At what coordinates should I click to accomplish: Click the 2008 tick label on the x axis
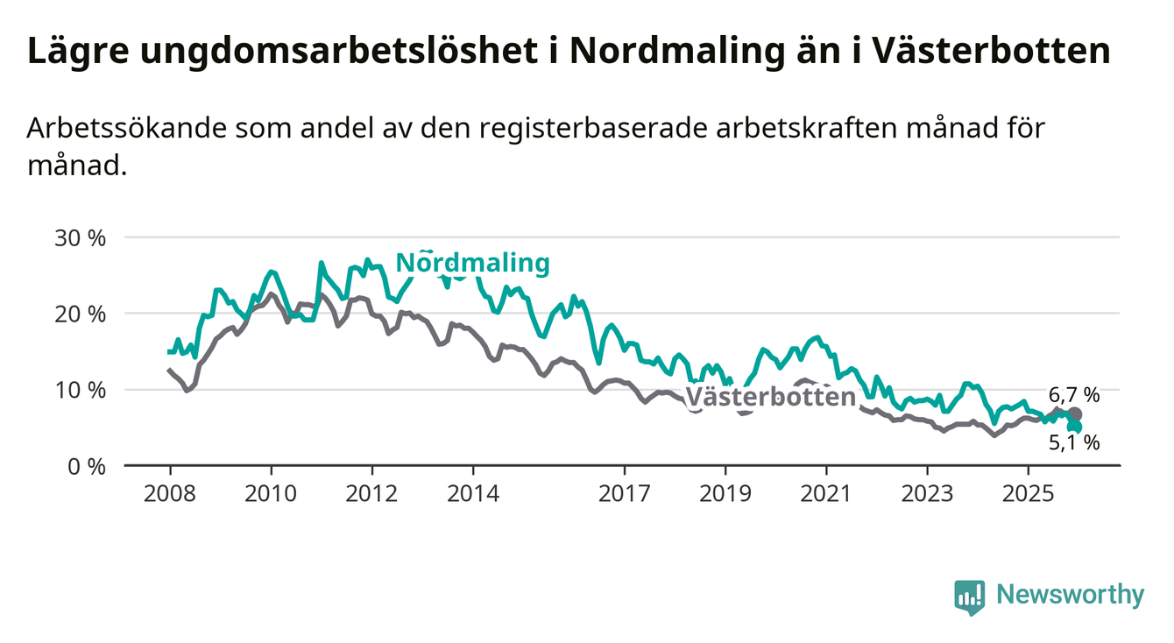coord(169,493)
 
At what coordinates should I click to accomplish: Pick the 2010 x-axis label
coord(271,493)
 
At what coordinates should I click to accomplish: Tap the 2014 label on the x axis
coord(473,493)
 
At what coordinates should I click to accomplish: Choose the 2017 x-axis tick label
coord(625,493)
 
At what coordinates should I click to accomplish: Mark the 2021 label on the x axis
coord(827,493)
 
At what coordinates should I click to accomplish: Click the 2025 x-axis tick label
coord(1029,493)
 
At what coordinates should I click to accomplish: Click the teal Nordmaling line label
coord(473,263)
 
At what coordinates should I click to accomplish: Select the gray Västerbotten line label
coord(770,397)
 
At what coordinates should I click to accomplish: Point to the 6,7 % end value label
coord(1073,394)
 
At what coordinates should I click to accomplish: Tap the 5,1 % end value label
coord(1074,443)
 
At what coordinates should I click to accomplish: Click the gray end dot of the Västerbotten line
coord(1075,414)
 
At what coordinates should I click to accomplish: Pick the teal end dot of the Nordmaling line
coord(1075,427)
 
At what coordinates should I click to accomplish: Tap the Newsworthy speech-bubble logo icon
coord(969,597)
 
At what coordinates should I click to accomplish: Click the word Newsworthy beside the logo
coord(1070,596)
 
